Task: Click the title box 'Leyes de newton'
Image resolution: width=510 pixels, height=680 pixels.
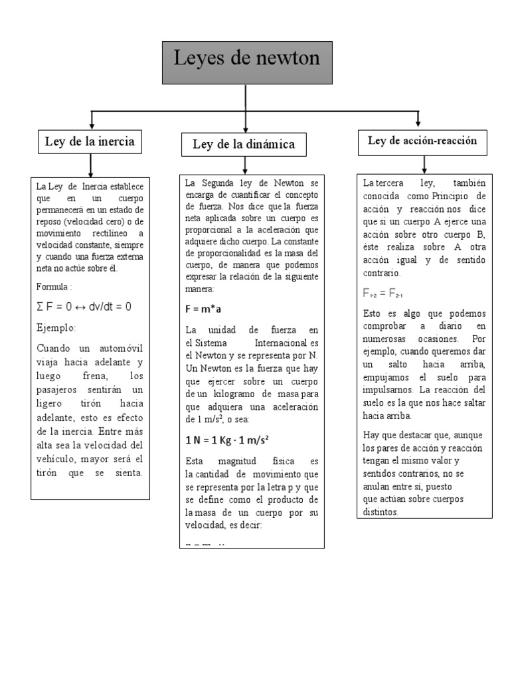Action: pos(246,62)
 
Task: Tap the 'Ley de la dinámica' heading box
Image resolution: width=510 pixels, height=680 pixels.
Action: pos(244,144)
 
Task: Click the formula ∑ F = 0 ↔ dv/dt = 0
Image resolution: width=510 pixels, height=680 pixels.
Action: pos(84,306)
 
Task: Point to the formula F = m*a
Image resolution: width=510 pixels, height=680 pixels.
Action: pos(204,309)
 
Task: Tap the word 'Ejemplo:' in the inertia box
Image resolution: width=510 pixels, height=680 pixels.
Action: pos(56,327)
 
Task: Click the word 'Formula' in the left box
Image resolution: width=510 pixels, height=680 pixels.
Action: pos(52,287)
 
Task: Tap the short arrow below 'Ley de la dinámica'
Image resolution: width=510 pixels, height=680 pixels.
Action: pos(245,165)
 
